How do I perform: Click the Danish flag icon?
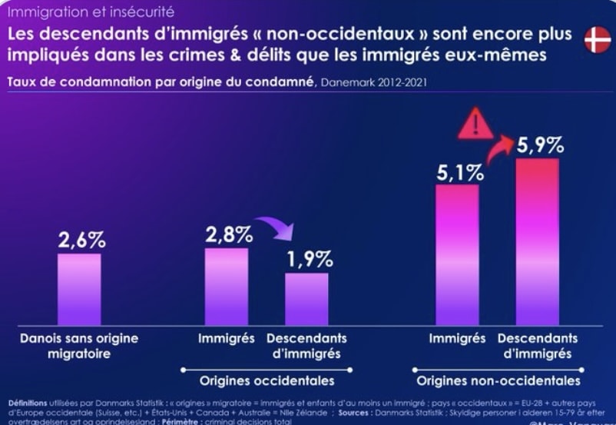[x=597, y=39]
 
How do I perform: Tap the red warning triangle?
[x=475, y=125]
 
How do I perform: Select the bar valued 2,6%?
[x=79, y=289]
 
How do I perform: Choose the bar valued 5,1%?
[x=457, y=254]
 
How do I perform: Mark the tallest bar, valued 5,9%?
[x=537, y=241]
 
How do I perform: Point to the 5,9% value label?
[x=540, y=144]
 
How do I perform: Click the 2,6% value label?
[x=81, y=239]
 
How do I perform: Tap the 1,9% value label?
[x=310, y=259]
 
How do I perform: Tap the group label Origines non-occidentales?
[x=498, y=381]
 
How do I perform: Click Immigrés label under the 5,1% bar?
[x=457, y=338]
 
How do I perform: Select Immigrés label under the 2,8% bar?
[x=226, y=338]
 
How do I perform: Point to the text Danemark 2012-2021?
[x=371, y=82]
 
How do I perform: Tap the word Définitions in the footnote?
[x=28, y=403]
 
